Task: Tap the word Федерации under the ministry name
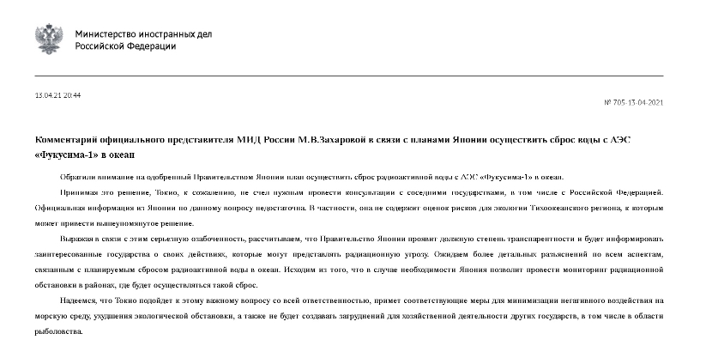(153, 46)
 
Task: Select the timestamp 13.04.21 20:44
(57, 94)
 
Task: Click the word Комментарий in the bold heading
(69, 138)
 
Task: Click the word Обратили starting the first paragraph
(76, 173)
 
